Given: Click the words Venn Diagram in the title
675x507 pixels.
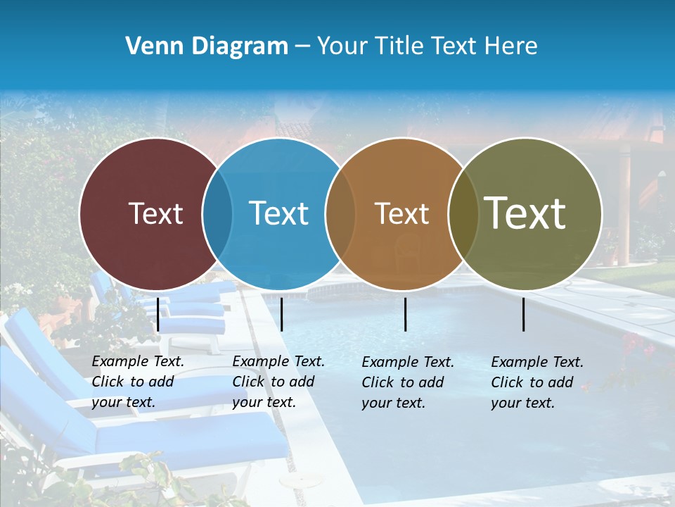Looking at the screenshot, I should pyautogui.click(x=207, y=46).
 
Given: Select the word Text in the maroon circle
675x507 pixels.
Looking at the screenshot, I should pyautogui.click(x=155, y=213).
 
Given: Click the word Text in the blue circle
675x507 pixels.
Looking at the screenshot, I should pyautogui.click(x=278, y=213).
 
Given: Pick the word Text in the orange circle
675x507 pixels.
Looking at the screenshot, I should pyautogui.click(x=401, y=213).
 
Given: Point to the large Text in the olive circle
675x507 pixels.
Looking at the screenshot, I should pyautogui.click(x=525, y=213).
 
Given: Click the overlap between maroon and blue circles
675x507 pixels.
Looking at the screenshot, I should pyautogui.click(x=217, y=213).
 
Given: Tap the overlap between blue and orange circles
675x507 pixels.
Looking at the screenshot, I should pyautogui.click(x=340, y=213).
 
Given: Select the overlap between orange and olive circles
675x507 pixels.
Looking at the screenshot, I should pyautogui.click(x=463, y=213).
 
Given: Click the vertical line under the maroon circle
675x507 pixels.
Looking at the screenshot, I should pyautogui.click(x=158, y=314).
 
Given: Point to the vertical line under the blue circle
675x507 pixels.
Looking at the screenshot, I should pyautogui.click(x=281, y=314).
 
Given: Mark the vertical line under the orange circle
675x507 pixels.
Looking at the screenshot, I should pyautogui.click(x=406, y=314).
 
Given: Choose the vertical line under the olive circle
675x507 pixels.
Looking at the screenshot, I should pyautogui.click(x=524, y=314).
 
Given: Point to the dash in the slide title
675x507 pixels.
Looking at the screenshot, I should pyautogui.click(x=302, y=47).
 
